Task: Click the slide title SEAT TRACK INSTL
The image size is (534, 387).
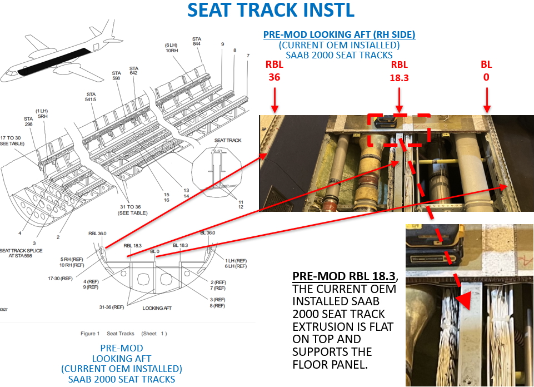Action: point(271,11)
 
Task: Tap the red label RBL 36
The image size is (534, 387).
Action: point(275,71)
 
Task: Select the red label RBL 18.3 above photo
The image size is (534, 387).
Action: point(399,71)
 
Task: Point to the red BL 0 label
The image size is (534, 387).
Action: point(486,71)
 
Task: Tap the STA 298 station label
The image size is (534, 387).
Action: point(28,122)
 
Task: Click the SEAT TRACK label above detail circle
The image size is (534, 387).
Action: point(228,141)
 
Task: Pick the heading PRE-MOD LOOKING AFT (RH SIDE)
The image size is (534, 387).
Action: point(339,34)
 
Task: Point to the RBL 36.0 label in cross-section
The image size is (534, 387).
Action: point(97,234)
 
